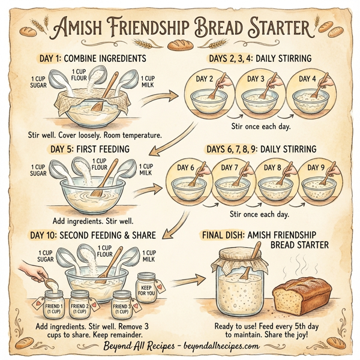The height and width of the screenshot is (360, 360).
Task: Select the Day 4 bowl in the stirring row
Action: pos(310,99)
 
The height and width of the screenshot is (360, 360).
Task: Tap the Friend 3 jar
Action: pos(122,302)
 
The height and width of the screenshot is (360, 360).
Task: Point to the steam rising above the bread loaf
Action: pos(302,264)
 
